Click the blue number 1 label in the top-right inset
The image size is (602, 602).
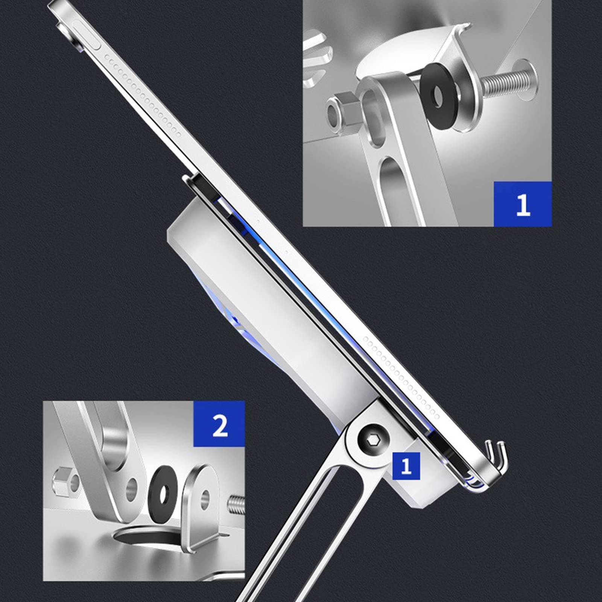[x=522, y=204]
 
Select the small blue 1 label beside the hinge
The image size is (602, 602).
[x=406, y=466]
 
